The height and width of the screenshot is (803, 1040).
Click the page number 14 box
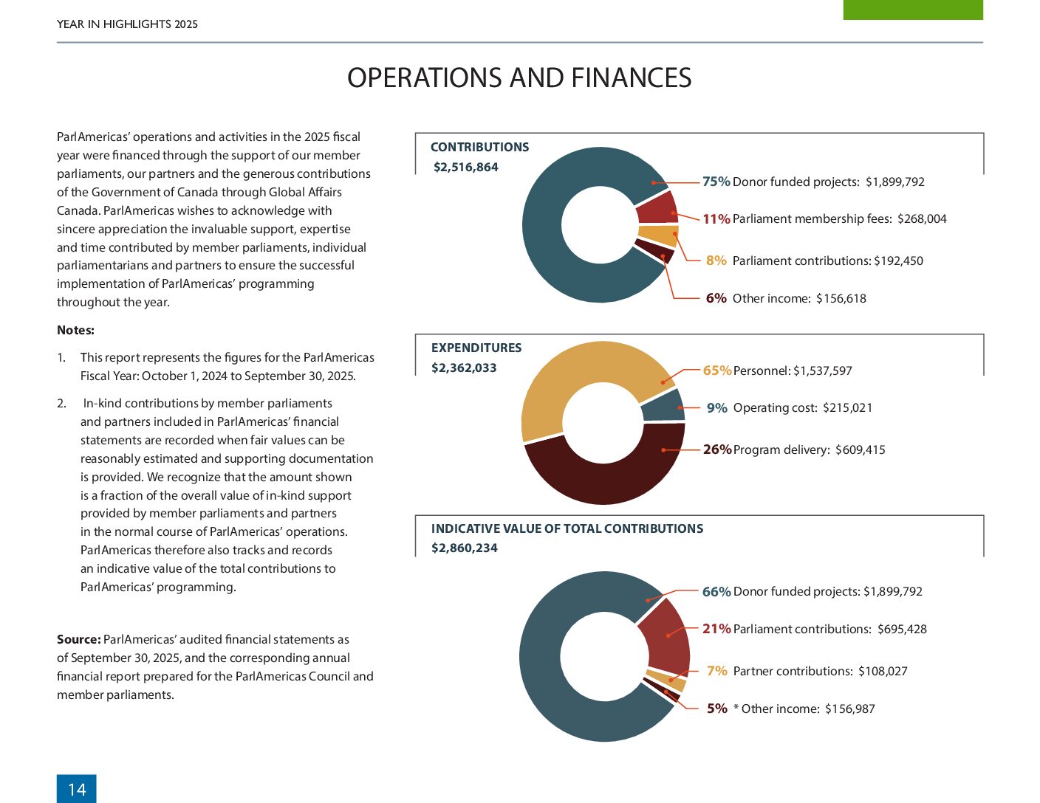76,788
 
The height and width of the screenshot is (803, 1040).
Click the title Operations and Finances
519,77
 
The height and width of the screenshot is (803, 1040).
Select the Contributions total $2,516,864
465,167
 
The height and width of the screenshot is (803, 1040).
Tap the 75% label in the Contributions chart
716,182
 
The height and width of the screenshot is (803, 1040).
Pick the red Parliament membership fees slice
657,207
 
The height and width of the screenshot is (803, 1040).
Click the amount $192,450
898,261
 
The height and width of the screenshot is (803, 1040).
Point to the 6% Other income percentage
716,298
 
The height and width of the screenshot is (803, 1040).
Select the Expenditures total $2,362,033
464,368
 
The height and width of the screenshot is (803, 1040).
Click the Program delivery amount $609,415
860,449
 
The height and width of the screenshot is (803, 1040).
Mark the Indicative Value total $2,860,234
465,548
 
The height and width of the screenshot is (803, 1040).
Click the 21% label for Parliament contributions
716,628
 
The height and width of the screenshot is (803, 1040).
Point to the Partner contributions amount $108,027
883,671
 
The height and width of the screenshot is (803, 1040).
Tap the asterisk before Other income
736,707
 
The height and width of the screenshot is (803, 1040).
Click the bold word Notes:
75,330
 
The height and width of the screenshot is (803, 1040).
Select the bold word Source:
79,639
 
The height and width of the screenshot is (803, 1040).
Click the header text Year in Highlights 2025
127,24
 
